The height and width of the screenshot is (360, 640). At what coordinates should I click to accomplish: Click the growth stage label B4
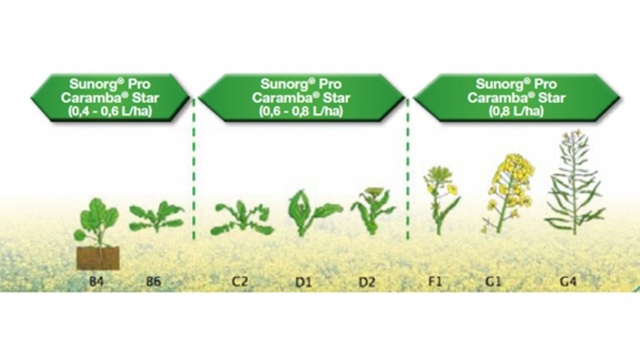click(96, 282)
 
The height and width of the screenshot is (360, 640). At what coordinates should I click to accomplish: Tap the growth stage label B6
click(154, 282)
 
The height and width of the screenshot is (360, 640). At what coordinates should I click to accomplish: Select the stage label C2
click(239, 282)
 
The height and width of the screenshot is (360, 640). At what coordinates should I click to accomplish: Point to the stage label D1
click(303, 282)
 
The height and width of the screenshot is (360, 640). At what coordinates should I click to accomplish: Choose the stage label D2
click(367, 282)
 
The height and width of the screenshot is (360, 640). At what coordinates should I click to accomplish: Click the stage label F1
click(434, 282)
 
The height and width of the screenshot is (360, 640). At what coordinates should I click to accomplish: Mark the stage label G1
click(492, 282)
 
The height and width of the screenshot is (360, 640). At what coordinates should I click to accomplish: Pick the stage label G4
click(568, 282)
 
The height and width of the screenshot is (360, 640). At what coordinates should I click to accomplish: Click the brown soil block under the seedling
click(98, 258)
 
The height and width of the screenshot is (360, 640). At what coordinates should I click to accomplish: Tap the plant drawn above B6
click(157, 216)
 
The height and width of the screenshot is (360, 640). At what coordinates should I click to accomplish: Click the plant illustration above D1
click(312, 213)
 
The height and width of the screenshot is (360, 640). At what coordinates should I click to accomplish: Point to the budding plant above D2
click(372, 211)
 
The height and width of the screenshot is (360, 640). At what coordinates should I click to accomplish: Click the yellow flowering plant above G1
click(508, 193)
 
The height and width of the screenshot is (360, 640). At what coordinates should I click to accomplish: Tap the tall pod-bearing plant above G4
click(574, 182)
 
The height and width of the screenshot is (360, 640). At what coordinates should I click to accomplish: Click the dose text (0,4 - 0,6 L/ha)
click(110, 111)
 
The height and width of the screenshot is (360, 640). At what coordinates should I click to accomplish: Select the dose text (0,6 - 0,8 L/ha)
click(301, 111)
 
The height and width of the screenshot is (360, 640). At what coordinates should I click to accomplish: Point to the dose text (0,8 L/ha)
click(517, 111)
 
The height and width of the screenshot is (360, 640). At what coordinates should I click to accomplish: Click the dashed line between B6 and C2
click(194, 169)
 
